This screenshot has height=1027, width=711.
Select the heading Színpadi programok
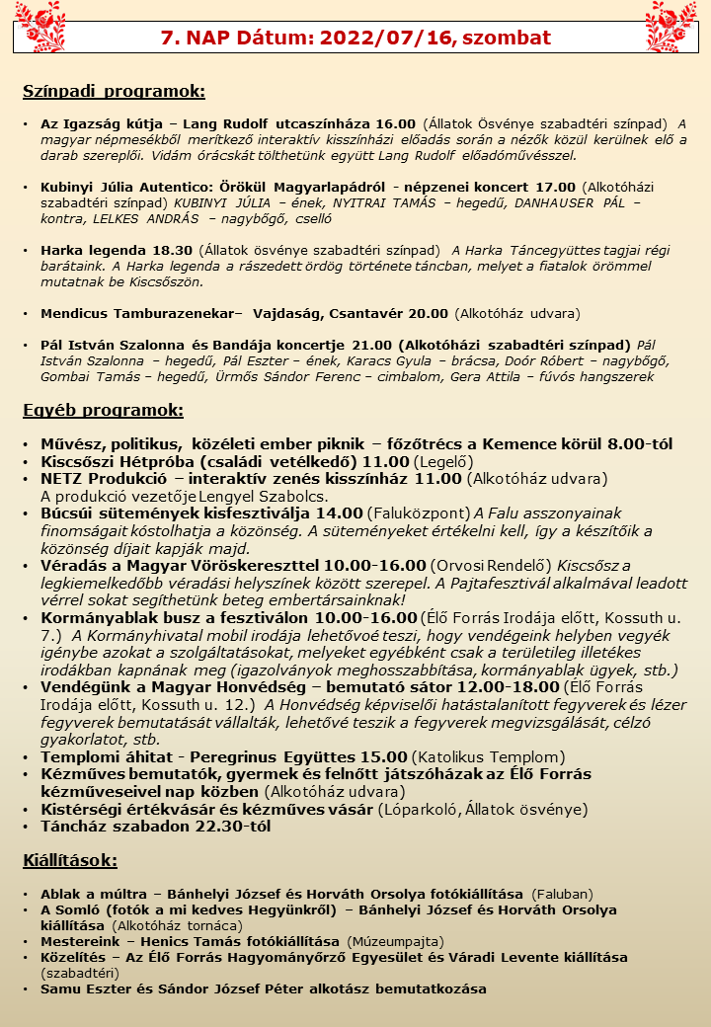click(x=114, y=92)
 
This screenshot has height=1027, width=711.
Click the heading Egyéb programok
click(x=103, y=410)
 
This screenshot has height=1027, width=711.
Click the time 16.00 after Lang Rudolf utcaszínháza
click(x=395, y=124)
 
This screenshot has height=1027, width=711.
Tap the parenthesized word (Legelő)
click(x=442, y=461)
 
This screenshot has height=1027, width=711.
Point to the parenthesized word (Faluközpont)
click(x=419, y=513)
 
